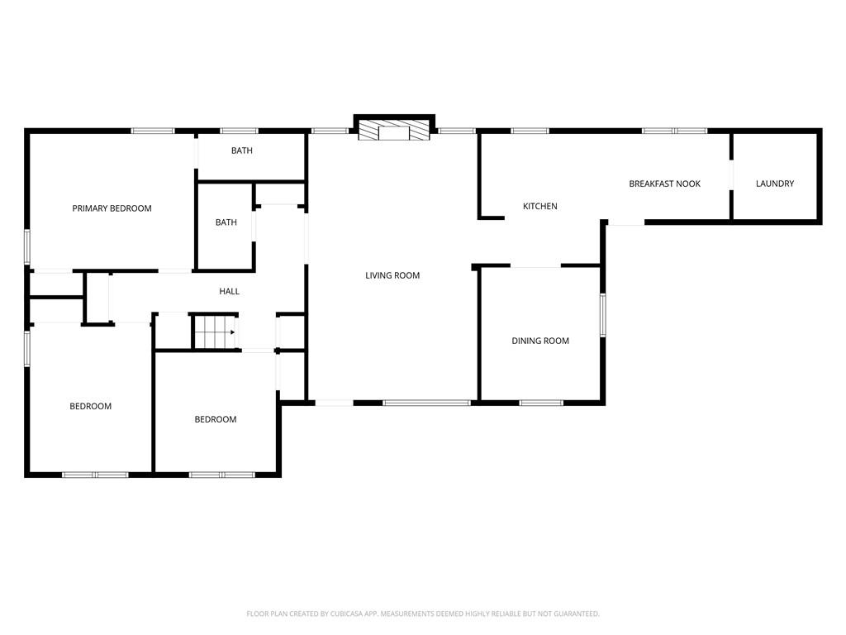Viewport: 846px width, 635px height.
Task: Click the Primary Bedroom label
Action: click(112, 208)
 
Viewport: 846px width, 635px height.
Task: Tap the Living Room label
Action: click(392, 275)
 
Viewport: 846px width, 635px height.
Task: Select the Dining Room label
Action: click(540, 341)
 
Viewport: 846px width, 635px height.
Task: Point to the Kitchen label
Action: click(540, 206)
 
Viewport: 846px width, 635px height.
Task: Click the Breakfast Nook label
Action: click(664, 184)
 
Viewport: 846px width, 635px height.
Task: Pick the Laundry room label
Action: click(775, 184)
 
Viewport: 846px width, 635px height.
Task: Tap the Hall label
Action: click(229, 291)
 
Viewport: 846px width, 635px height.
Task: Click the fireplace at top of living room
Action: click(394, 131)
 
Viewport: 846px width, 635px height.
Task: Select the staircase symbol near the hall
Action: click(215, 332)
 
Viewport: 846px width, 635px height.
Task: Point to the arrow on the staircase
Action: click(233, 332)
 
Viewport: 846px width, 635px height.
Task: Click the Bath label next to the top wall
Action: click(242, 150)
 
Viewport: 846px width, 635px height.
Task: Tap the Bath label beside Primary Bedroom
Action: click(226, 222)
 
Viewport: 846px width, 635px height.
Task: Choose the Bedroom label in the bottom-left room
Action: click(90, 406)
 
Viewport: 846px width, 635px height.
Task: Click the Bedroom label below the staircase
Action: click(216, 419)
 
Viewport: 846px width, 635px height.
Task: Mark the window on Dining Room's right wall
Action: click(603, 315)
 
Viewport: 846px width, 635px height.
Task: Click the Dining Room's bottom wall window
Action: click(541, 403)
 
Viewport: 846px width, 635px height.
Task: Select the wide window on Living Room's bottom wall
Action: click(426, 403)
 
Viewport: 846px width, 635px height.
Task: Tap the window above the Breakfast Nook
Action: click(675, 131)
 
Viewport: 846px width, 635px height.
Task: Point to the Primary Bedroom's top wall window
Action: click(153, 131)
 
